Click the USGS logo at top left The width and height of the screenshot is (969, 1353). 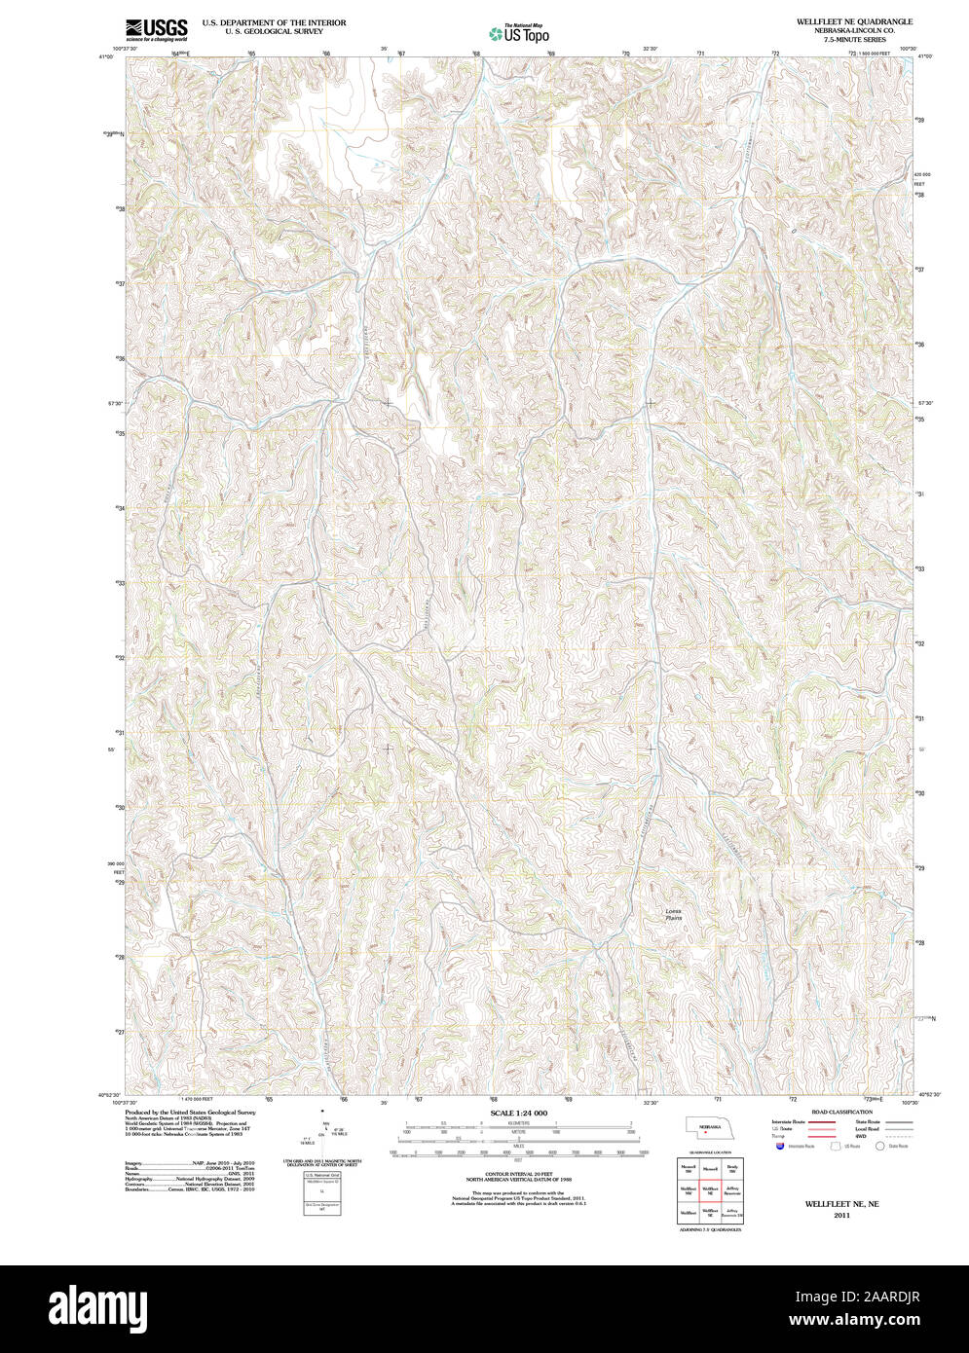(156, 30)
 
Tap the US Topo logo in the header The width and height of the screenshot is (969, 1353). (518, 34)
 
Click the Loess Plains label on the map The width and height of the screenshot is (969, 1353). (673, 914)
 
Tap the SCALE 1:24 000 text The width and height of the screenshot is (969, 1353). (518, 1113)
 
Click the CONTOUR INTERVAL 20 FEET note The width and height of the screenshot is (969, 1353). (518, 1175)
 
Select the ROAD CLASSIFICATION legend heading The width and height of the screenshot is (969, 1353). (843, 1112)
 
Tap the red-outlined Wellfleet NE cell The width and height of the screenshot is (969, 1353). (710, 1188)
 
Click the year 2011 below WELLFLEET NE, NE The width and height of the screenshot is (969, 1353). (841, 1216)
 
